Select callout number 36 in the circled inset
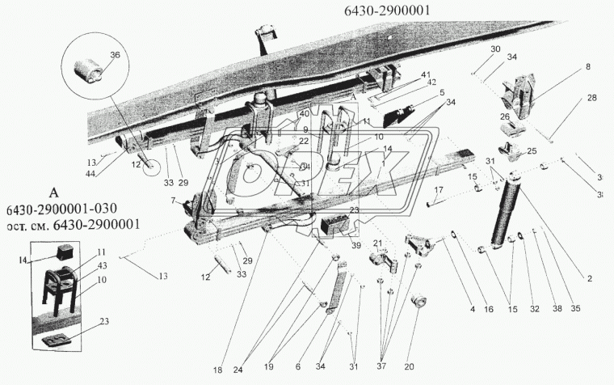pyautogui.click(x=113, y=55)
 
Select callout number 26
pyautogui.click(x=505, y=116)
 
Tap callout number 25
pyautogui.click(x=532, y=151)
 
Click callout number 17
pyautogui.click(x=439, y=191)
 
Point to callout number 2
pyautogui.click(x=590, y=278)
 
